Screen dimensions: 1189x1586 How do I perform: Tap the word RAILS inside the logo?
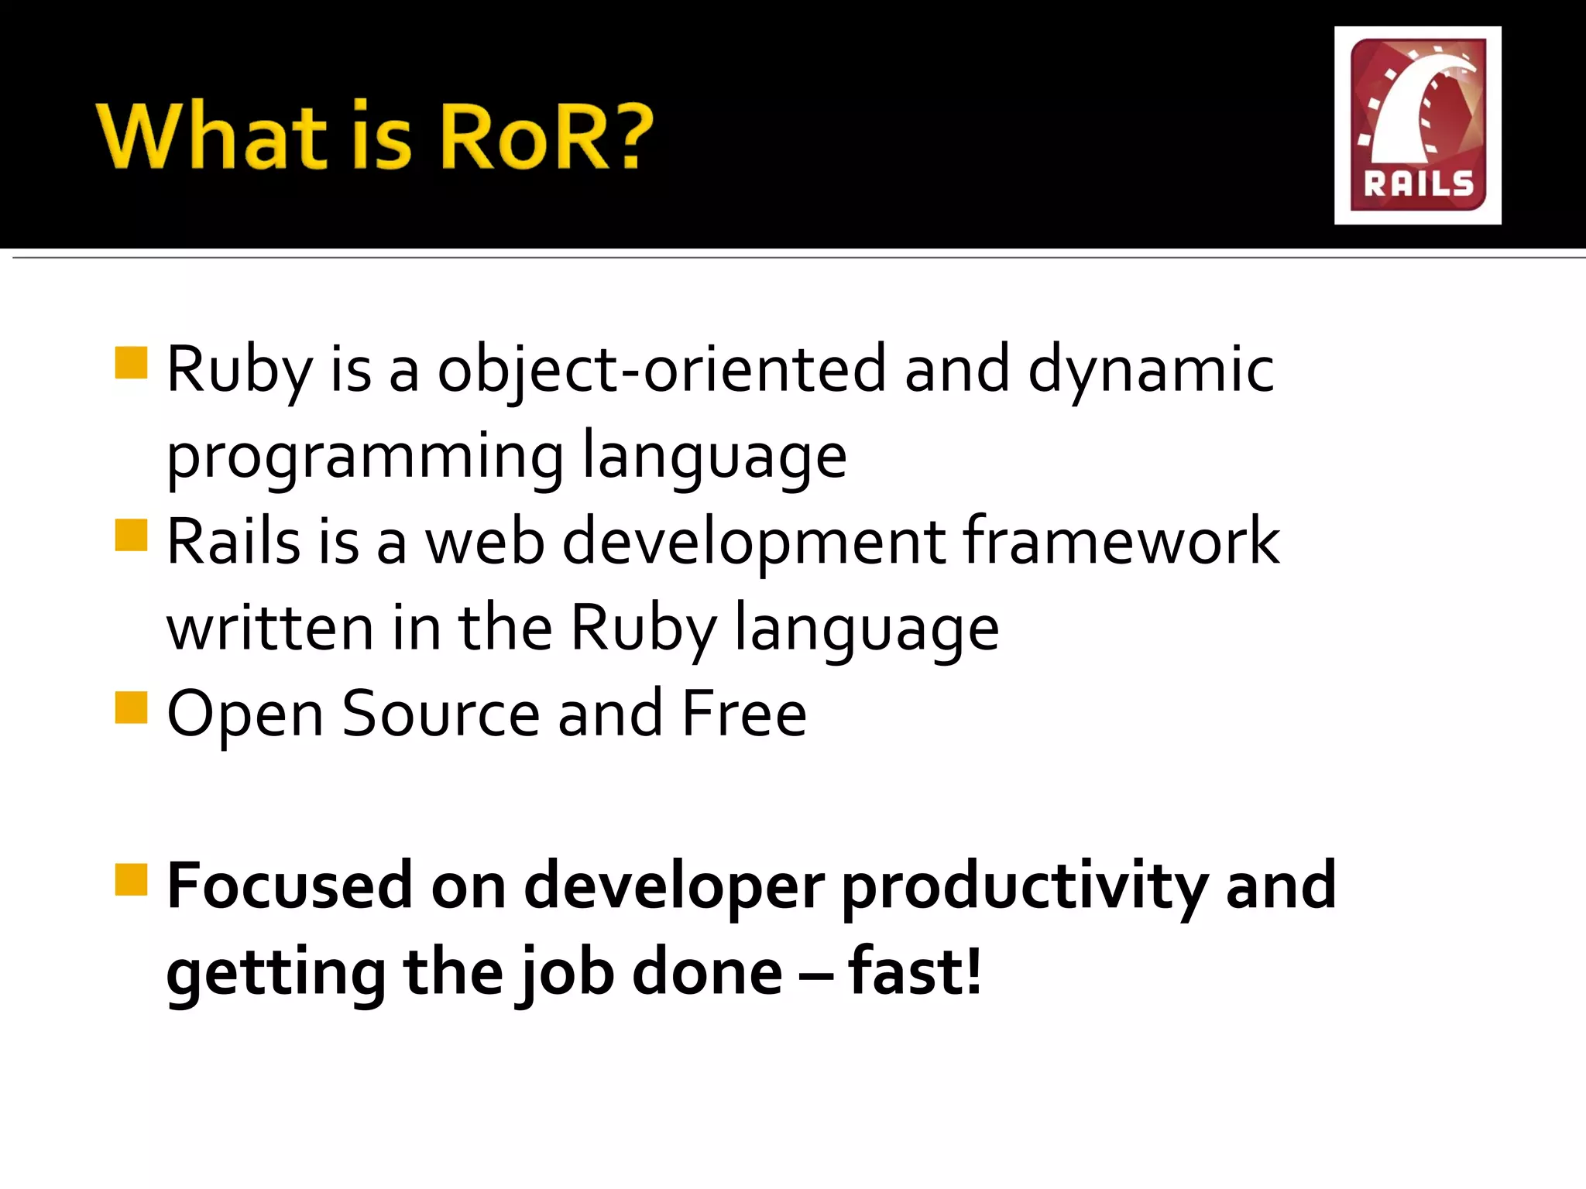coord(1418,184)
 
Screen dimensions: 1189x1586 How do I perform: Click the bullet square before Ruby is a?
coord(131,362)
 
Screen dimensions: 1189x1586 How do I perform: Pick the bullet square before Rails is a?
coord(131,535)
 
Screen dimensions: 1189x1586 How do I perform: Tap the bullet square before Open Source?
coord(131,707)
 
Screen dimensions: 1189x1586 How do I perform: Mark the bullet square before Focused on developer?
coord(131,879)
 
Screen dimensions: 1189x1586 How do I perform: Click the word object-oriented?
coord(661,370)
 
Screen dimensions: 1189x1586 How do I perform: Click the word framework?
coord(1121,542)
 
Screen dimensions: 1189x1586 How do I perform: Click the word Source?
coord(440,714)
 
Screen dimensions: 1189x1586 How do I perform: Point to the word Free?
coord(744,714)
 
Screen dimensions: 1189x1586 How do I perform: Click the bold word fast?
coord(915,972)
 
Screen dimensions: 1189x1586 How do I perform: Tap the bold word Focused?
coord(290,886)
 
